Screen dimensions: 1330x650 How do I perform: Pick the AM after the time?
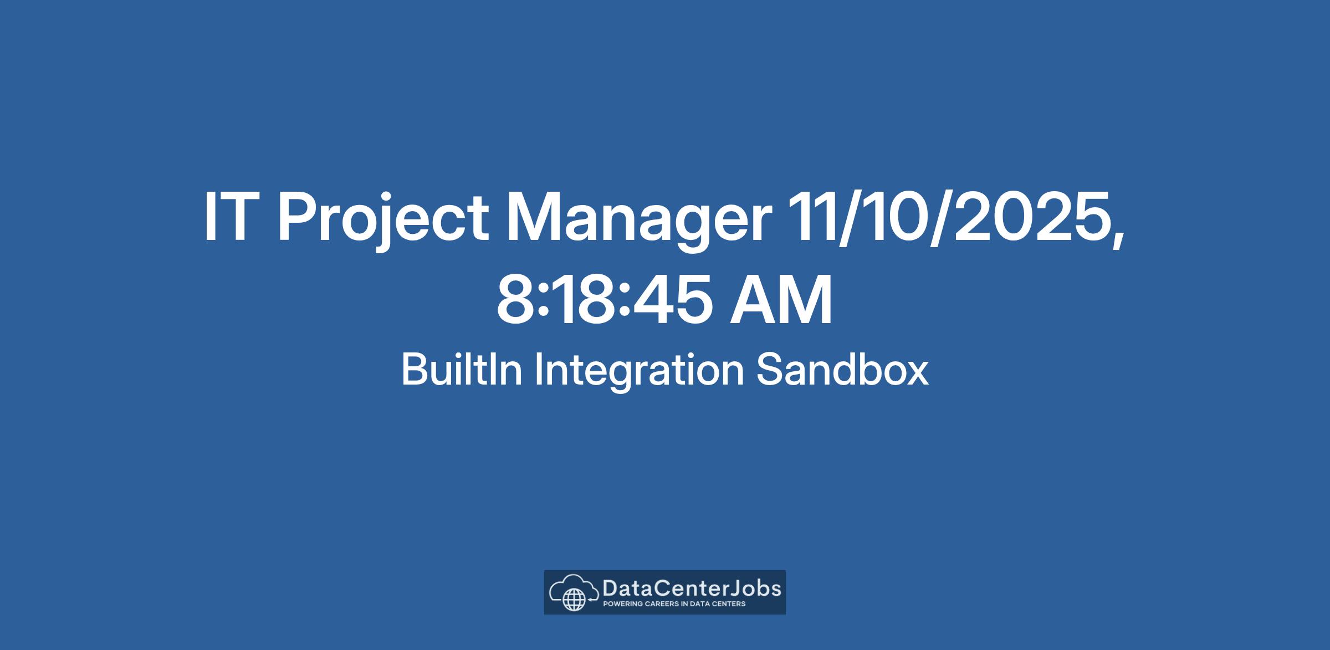781,300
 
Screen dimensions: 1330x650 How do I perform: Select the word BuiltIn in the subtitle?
462,370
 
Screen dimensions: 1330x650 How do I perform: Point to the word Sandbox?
842,370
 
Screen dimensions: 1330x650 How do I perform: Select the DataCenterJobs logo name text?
692,588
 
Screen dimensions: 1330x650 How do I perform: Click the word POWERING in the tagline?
622,604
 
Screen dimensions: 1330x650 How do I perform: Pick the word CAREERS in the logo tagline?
662,604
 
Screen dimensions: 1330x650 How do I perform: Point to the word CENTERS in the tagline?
728,604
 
